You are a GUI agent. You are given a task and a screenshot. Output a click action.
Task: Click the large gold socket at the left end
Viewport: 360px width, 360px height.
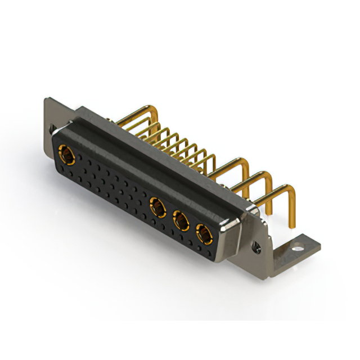[67, 153]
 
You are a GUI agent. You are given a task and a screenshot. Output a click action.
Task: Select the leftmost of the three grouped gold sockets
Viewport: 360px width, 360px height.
[157, 206]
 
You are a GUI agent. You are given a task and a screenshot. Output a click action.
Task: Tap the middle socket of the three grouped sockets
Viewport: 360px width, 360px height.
[181, 220]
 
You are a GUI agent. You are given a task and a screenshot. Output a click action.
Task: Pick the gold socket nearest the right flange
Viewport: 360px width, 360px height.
[202, 233]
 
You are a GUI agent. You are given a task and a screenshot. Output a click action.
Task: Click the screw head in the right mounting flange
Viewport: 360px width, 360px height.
[258, 246]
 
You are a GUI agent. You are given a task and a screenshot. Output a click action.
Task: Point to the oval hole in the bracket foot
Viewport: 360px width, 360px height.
[297, 246]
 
